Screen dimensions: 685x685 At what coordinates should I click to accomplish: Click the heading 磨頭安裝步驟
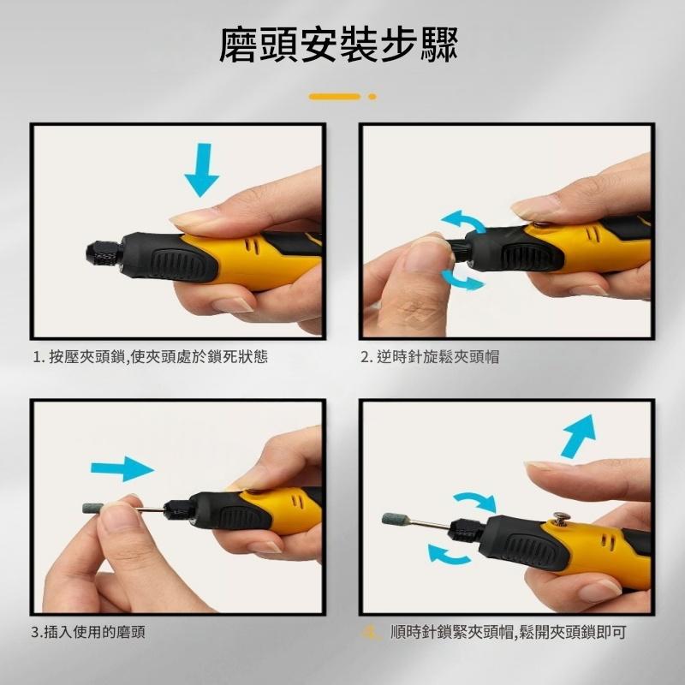coord(338,45)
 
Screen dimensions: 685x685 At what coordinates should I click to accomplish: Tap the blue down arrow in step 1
coord(202,170)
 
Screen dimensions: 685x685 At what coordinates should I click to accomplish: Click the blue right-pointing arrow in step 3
coord(122,468)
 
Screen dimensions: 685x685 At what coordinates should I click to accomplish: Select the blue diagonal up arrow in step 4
coord(577,436)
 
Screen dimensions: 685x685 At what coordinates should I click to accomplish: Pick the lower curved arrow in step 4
coord(447,554)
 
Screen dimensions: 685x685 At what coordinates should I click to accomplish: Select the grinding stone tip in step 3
coord(93,508)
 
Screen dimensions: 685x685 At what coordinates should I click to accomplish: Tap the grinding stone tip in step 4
coord(396,519)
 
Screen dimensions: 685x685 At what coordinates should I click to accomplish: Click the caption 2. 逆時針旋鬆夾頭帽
coord(430,357)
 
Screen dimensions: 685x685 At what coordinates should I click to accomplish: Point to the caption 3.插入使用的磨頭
coord(88,632)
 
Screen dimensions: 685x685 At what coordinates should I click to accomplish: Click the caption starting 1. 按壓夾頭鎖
coord(151,357)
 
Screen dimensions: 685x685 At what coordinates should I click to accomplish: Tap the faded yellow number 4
coord(371,632)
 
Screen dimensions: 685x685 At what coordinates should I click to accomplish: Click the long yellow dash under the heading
coord(335,97)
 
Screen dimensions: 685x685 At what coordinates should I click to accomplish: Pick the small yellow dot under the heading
coord(372,97)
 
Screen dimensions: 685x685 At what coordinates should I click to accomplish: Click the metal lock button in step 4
coord(559,518)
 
